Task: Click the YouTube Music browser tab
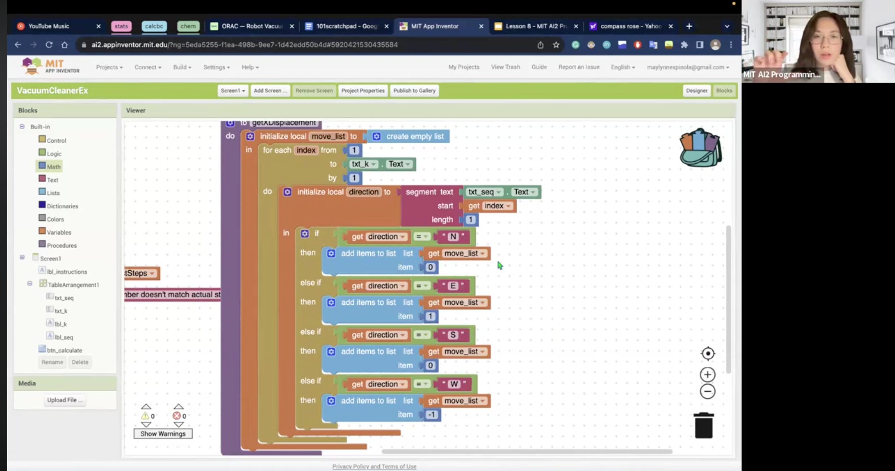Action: tap(49, 26)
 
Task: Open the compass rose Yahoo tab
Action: tap(630, 26)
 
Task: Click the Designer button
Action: tap(696, 91)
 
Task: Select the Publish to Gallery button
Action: tap(414, 91)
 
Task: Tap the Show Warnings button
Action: tap(163, 434)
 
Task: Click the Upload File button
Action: tap(64, 400)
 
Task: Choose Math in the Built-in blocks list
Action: tap(53, 167)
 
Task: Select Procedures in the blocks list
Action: tap(62, 245)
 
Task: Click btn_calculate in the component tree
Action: tap(64, 350)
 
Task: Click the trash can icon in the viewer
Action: tap(703, 426)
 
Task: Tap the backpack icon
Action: tap(700, 148)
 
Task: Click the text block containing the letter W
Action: tap(454, 384)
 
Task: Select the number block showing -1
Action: tap(432, 414)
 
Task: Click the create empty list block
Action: tap(414, 137)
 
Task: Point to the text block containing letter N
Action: tap(453, 237)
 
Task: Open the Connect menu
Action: tap(147, 67)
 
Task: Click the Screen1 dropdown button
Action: tap(233, 91)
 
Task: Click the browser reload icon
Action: tap(49, 45)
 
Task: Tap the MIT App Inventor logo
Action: tap(50, 66)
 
